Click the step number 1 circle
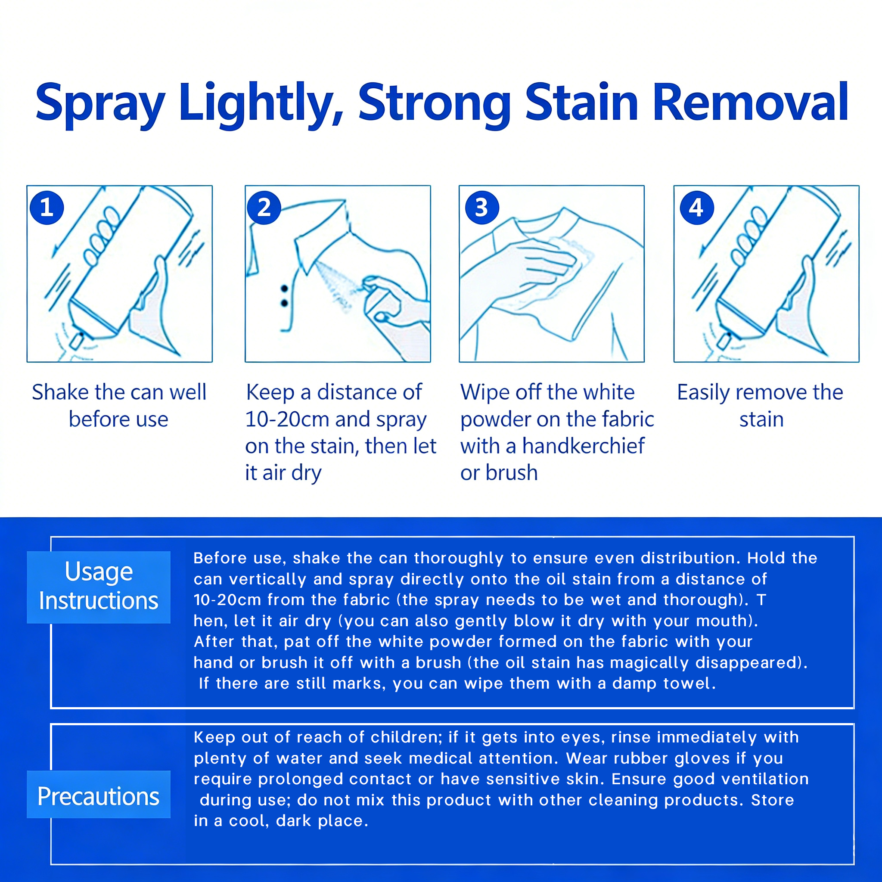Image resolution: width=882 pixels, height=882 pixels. pos(47,208)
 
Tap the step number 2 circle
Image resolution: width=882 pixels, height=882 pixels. pos(264,208)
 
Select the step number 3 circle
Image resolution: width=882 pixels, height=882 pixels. pos(481,208)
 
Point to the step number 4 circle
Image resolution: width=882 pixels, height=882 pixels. pos(697,208)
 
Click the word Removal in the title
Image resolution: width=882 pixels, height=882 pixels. pos(751,103)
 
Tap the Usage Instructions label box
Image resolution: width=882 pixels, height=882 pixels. pos(99,587)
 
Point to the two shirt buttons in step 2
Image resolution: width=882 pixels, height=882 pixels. pos(284,296)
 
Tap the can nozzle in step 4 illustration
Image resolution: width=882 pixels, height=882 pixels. pos(724,341)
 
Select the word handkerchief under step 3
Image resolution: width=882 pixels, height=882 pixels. pos(584,446)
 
